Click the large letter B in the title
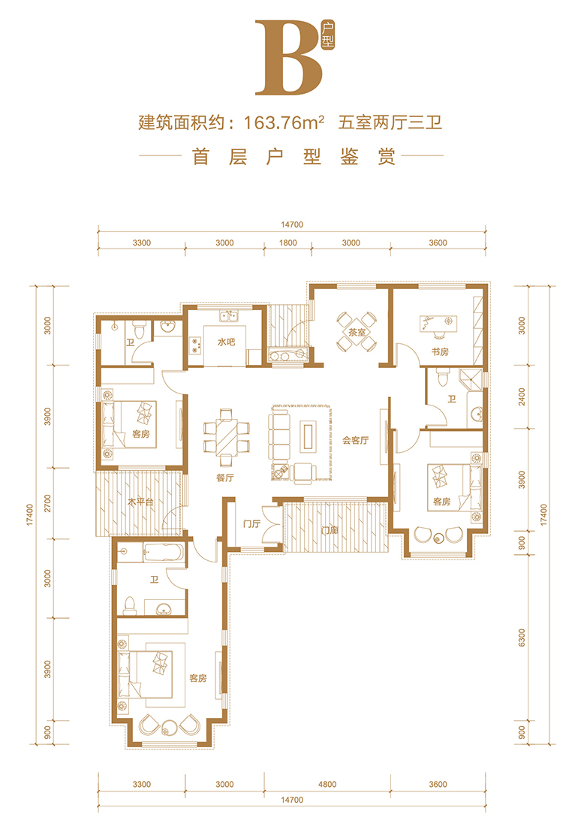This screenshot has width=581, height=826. [289, 58]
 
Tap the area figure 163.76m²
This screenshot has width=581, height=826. [284, 122]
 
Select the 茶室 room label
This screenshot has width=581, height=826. [357, 333]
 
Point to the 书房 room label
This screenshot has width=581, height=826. [440, 351]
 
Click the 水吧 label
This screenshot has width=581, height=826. [226, 342]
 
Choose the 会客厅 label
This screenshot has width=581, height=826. [356, 440]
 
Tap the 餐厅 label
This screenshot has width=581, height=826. [225, 478]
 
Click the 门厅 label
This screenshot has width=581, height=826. [251, 523]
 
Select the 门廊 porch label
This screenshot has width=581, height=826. [330, 530]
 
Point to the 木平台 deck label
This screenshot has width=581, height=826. [140, 502]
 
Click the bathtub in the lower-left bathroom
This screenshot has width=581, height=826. [164, 553]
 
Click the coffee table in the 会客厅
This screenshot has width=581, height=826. [309, 436]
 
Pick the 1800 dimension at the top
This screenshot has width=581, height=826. [287, 243]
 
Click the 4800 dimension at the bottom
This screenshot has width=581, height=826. [327, 785]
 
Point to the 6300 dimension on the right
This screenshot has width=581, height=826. [522, 638]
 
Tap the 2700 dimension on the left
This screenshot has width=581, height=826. [48, 504]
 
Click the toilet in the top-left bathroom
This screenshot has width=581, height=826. [139, 330]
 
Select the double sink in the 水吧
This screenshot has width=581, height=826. [229, 317]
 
